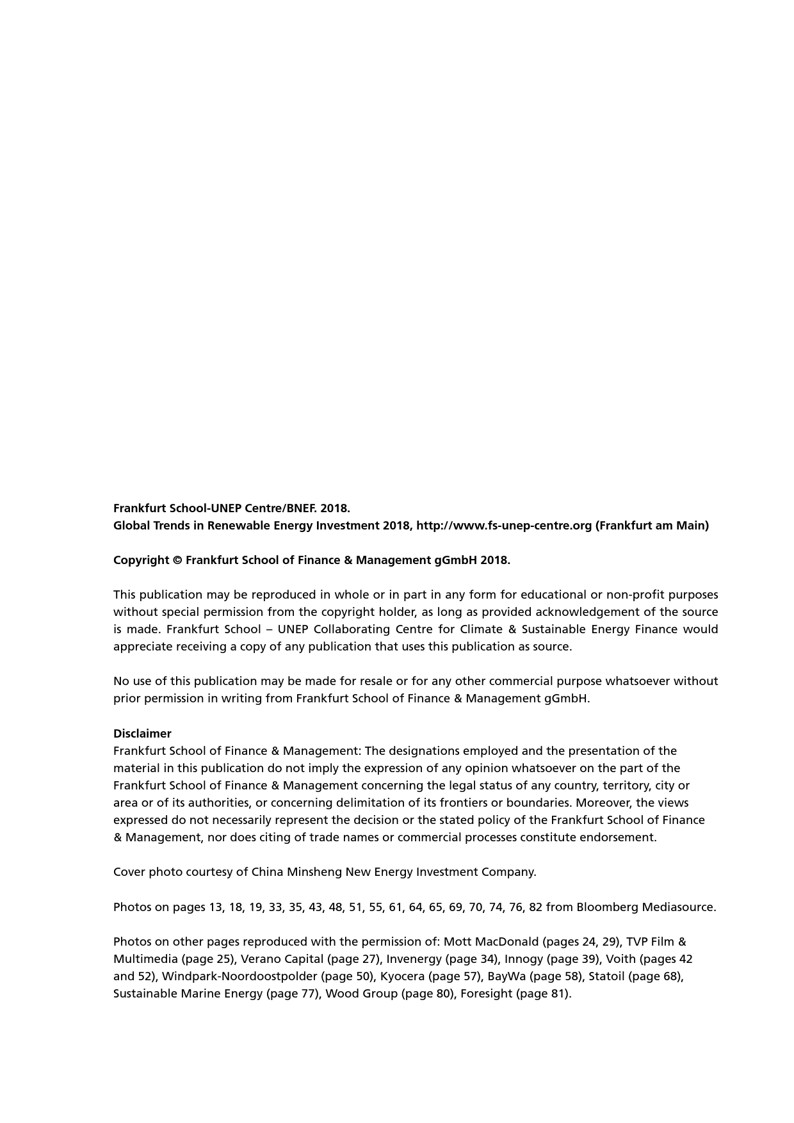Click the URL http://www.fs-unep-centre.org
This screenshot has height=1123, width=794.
[x=504, y=526]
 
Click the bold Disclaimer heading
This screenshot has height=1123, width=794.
[x=142, y=734]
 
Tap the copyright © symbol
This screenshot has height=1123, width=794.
[x=177, y=560]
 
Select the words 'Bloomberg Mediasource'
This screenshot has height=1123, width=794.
[x=645, y=907]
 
